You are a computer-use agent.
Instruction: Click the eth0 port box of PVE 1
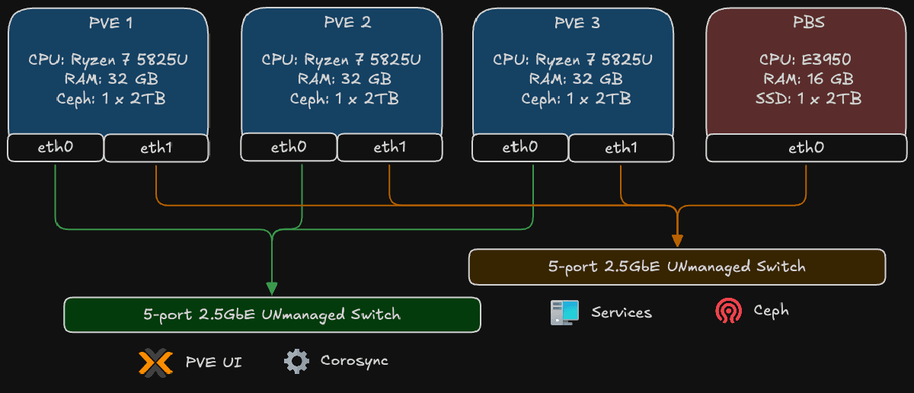pyautogui.click(x=56, y=148)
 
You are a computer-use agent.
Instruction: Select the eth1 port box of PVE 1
pyautogui.click(x=156, y=148)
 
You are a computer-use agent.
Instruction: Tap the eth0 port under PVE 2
pyautogui.click(x=289, y=148)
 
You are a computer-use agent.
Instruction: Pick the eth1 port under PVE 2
pyautogui.click(x=389, y=148)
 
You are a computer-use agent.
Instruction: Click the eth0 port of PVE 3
pyautogui.click(x=520, y=148)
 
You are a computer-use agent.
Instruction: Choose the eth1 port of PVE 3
pyautogui.click(x=621, y=148)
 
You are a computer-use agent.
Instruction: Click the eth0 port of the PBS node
pyautogui.click(x=806, y=148)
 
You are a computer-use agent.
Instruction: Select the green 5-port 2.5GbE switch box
pyautogui.click(x=272, y=315)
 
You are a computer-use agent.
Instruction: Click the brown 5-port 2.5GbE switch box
pyautogui.click(x=676, y=267)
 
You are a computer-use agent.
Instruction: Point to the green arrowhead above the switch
pyautogui.click(x=272, y=288)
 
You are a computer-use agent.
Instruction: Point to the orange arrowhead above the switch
pyautogui.click(x=676, y=240)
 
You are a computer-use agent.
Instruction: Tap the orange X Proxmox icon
pyautogui.click(x=155, y=362)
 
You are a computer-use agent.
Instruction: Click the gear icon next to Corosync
pyautogui.click(x=297, y=361)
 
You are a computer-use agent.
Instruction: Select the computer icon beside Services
pyautogui.click(x=564, y=312)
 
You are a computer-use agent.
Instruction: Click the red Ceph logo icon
pyautogui.click(x=728, y=312)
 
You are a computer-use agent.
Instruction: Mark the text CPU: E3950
pyautogui.click(x=805, y=59)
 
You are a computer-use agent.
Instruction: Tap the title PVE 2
pyautogui.click(x=342, y=23)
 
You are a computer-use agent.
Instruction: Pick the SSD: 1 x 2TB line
pyautogui.click(x=806, y=98)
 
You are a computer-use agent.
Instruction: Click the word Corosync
pyautogui.click(x=354, y=361)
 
